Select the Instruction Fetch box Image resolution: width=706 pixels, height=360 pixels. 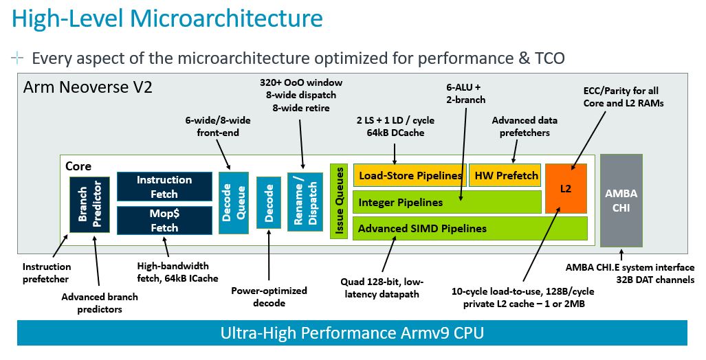(x=164, y=186)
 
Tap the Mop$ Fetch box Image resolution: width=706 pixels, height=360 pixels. (x=164, y=221)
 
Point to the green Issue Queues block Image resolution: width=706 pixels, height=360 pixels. (x=338, y=201)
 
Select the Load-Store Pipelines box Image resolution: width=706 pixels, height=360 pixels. (x=408, y=176)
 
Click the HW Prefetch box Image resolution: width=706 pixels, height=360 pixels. (x=506, y=176)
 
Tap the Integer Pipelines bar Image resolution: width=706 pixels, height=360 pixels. (x=447, y=202)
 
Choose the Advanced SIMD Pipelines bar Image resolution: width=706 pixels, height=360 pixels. (x=470, y=228)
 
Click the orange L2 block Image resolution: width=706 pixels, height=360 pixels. (x=566, y=188)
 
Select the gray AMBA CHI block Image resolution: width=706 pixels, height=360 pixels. (x=621, y=200)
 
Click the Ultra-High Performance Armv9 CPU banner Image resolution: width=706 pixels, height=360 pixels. (x=352, y=334)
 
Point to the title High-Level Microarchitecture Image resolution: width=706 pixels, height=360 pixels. (x=167, y=19)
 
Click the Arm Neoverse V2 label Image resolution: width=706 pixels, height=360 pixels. (x=88, y=87)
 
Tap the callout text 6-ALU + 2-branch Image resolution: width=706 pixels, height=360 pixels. (x=465, y=93)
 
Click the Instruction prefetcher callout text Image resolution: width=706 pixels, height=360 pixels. (x=47, y=273)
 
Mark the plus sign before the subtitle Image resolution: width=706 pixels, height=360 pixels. (x=17, y=58)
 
